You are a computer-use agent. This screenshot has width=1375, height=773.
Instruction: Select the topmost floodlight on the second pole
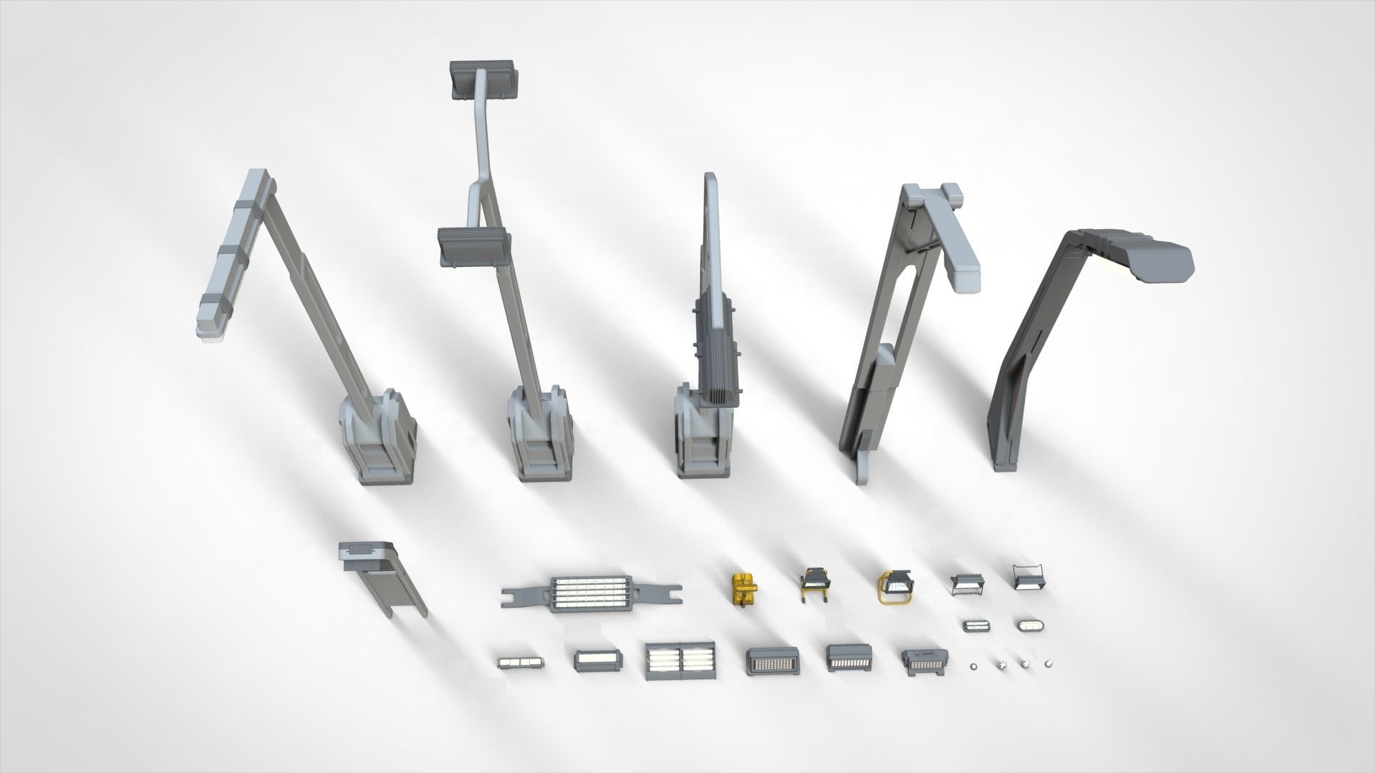tap(482, 79)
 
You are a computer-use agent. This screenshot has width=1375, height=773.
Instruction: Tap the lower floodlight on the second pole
tap(473, 246)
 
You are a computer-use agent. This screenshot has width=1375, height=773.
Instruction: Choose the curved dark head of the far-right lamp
tap(1139, 254)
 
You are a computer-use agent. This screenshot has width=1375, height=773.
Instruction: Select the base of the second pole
tap(541, 437)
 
